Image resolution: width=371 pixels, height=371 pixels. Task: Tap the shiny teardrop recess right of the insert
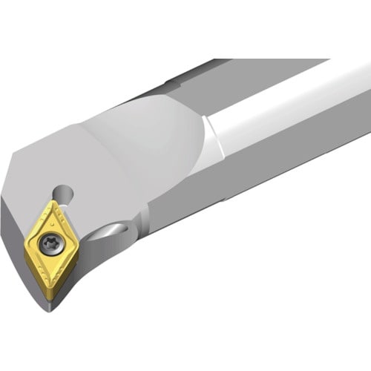(117, 232)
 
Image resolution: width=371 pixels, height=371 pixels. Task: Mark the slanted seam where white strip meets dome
(212, 137)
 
